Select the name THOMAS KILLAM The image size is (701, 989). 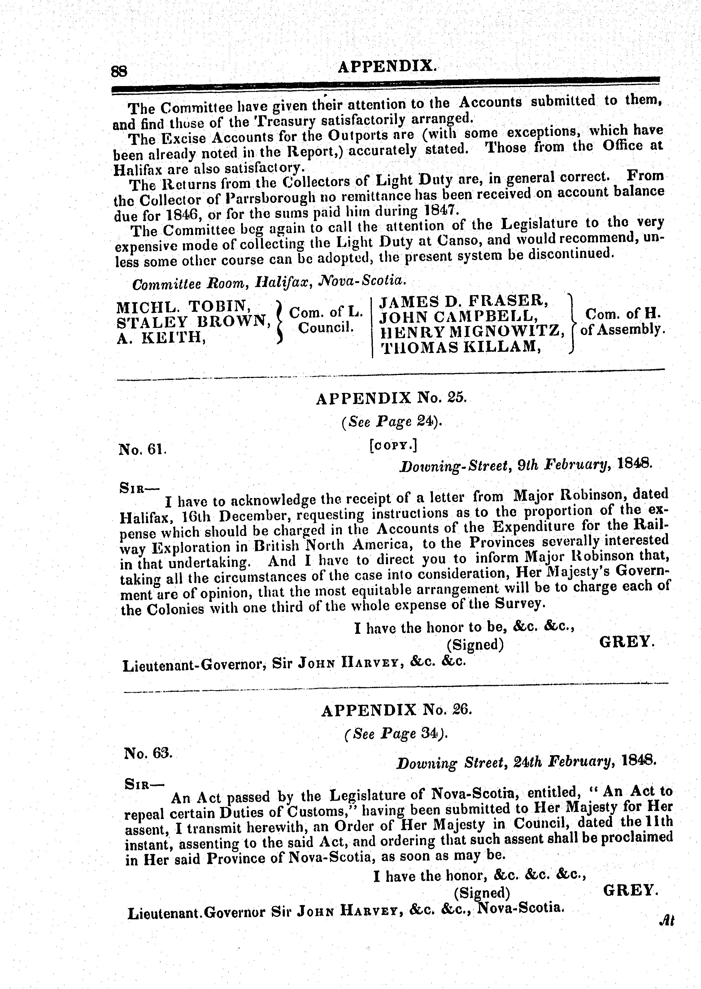click(460, 347)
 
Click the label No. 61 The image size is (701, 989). click(142, 450)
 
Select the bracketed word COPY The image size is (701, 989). click(393, 446)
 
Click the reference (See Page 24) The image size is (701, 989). click(392, 422)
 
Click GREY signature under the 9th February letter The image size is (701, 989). click(627, 643)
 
